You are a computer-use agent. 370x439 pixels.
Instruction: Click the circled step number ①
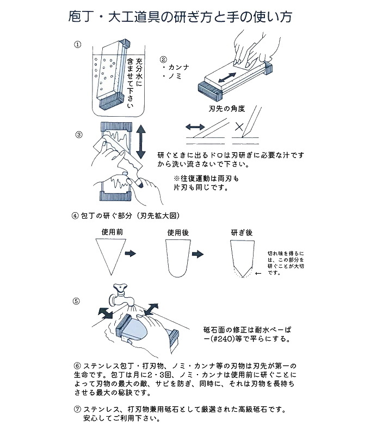pyautogui.click(x=77, y=44)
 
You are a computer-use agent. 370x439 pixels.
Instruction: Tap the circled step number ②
pyautogui.click(x=163, y=59)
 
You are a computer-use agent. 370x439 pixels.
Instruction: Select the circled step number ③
pyautogui.click(x=78, y=134)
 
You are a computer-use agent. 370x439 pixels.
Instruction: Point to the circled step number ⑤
pyautogui.click(x=77, y=300)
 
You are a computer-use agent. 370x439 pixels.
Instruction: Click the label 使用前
pyautogui.click(x=112, y=231)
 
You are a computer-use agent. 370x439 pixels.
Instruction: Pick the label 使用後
pyautogui.click(x=177, y=232)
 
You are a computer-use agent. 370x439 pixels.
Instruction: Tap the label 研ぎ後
pyautogui.click(x=242, y=232)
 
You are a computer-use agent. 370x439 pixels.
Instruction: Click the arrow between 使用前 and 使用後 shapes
pyautogui.click(x=131, y=254)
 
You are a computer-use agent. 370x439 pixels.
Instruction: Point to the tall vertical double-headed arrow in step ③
pyautogui.click(x=141, y=141)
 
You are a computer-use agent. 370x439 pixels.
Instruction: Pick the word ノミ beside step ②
pyautogui.click(x=174, y=77)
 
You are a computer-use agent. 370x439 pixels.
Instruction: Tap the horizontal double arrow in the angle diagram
pyautogui.click(x=195, y=127)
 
